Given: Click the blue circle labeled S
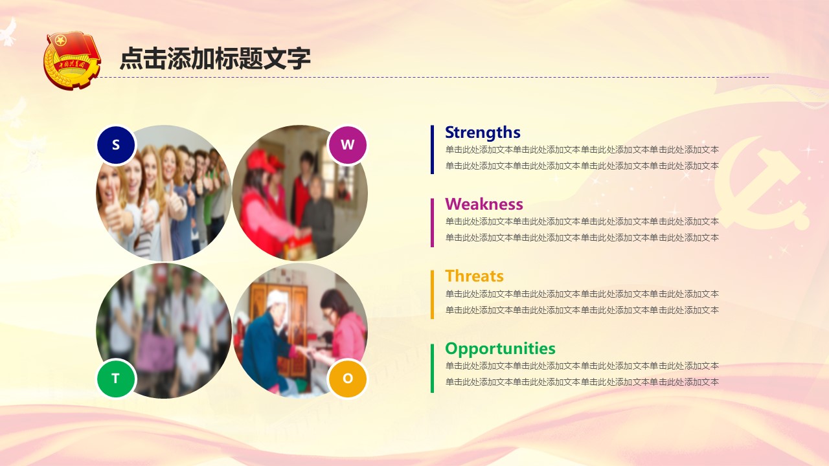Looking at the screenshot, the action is click(x=116, y=145).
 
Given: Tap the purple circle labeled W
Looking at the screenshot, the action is click(x=348, y=145).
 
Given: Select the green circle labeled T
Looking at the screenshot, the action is click(x=116, y=379).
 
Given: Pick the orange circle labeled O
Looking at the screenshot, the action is click(x=348, y=379).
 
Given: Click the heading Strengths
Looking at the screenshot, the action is click(x=483, y=133).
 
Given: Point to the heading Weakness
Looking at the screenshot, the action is click(x=484, y=204).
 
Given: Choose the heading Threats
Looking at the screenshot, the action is click(x=475, y=276).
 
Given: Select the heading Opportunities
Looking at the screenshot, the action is click(x=501, y=349).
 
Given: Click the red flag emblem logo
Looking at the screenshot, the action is click(x=72, y=60).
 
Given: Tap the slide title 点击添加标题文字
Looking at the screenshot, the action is click(x=215, y=58).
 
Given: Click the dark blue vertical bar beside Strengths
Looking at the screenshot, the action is click(x=432, y=150).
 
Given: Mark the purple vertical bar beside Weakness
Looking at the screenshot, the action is click(x=432, y=223).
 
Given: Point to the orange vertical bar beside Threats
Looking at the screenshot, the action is click(x=432, y=294).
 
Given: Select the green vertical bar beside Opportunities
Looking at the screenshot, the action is click(x=432, y=368).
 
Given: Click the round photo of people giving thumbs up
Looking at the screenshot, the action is click(x=164, y=193).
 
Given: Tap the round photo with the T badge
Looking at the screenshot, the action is click(x=164, y=331).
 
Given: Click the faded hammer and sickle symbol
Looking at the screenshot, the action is click(x=762, y=183).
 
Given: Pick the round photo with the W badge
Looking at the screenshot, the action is click(x=300, y=193).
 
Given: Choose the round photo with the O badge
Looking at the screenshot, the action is click(x=300, y=331).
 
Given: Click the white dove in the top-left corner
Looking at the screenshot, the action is click(x=8, y=32).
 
